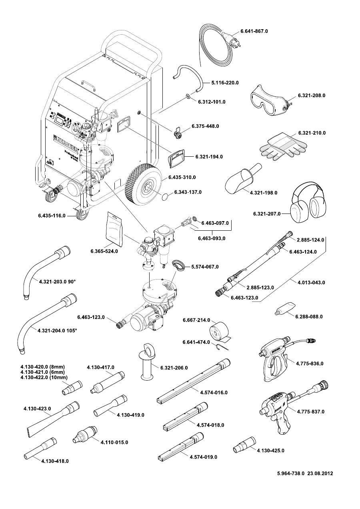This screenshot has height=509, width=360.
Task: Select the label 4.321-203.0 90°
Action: click(x=58, y=282)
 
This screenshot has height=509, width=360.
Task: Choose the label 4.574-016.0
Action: click(x=214, y=393)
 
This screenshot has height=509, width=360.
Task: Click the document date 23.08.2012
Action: click(x=320, y=473)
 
